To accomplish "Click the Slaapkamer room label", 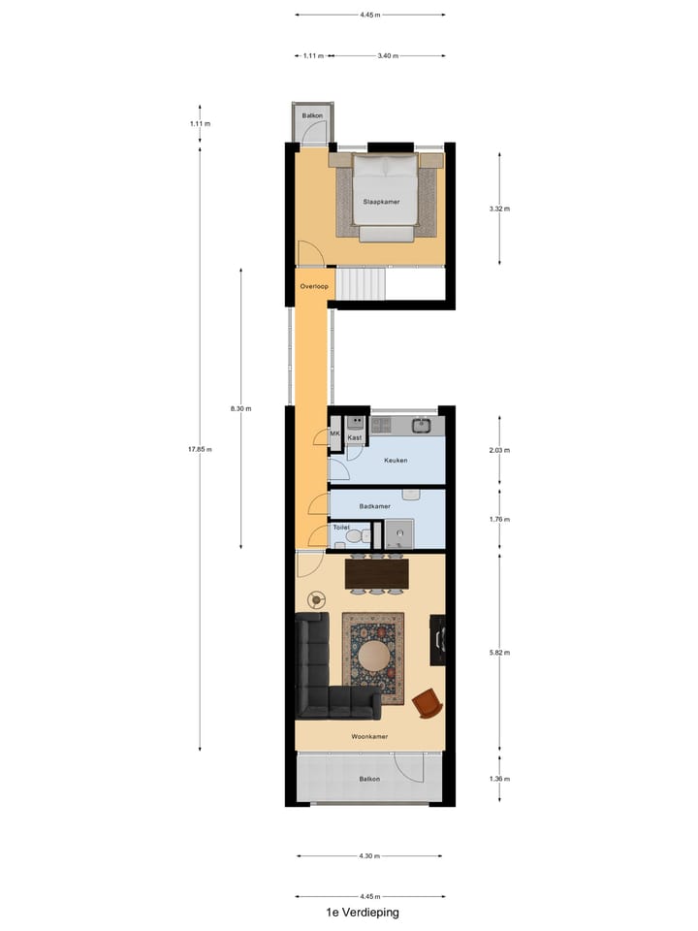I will point(381,202).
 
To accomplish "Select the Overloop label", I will point(314,286).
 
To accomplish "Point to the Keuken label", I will point(396,461).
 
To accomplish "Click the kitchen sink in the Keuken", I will point(422,425).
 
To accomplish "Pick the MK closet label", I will point(335,434).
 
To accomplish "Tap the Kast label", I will point(355,438).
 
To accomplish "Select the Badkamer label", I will point(374,505).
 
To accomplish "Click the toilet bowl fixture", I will point(353,535).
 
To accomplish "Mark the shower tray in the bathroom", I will point(397,534).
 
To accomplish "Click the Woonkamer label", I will point(370,736).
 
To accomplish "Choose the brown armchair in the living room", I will point(426,703).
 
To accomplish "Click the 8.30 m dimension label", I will point(240,409).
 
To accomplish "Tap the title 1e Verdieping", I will point(363,913).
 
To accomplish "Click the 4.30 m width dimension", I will point(369,856).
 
